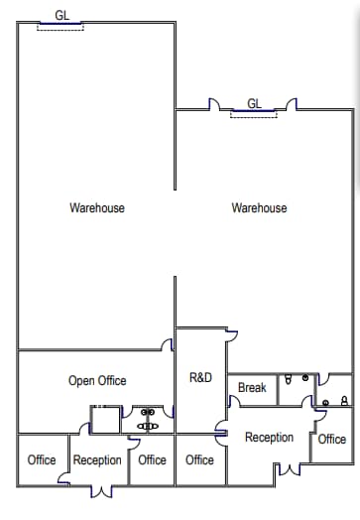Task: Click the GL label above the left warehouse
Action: pos(62,16)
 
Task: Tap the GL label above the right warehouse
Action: pos(254,103)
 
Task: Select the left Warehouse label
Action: pos(97,208)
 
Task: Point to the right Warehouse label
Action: pos(259,208)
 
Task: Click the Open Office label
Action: pos(97,380)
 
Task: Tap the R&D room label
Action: pos(200,377)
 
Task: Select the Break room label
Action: pos(252,388)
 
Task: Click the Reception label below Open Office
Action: pos(97,460)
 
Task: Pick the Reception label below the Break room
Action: pos(269,438)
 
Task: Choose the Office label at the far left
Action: pos(42,460)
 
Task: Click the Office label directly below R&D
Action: pos(199,460)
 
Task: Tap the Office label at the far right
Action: pos(332,440)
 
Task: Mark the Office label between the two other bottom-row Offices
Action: pos(152,460)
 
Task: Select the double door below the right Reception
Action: pos(285,466)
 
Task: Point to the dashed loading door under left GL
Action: pos(60,27)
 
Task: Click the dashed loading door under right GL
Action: pos(254,115)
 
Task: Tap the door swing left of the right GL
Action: pos(213,104)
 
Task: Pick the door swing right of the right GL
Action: pos(291,104)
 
